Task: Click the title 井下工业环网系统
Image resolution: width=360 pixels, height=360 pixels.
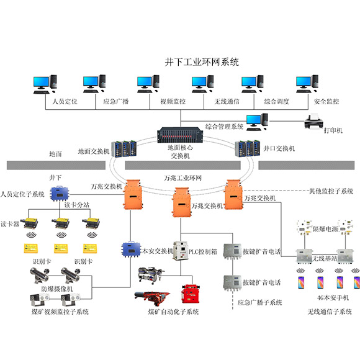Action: click(202, 62)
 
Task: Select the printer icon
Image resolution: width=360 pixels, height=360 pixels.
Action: click(313, 122)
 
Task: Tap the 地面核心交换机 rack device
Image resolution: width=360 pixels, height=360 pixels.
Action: click(180, 135)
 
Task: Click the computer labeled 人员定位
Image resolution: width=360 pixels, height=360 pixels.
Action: click(45, 84)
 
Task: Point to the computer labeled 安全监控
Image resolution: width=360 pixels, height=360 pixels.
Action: click(307, 84)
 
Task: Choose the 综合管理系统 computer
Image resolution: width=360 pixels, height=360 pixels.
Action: click(257, 122)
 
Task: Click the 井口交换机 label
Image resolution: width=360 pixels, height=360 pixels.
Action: click(279, 149)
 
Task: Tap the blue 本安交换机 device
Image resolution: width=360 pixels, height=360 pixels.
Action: click(131, 250)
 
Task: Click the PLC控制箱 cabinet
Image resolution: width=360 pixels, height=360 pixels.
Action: click(181, 251)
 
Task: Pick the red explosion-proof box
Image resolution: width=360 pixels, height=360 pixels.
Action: click(191, 294)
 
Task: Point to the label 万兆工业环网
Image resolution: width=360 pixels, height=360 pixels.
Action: click(182, 178)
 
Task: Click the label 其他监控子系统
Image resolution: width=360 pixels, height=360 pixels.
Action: click(331, 191)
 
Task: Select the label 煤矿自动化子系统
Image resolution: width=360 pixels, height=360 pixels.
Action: click(173, 312)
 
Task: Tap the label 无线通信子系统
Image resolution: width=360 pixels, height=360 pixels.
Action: click(330, 312)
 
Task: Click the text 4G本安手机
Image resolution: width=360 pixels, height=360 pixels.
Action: click(333, 298)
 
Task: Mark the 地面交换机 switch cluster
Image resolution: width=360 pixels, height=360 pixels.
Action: click(124, 149)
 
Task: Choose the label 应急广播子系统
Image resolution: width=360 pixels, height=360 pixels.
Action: click(259, 302)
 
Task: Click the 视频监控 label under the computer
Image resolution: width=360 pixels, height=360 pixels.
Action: click(173, 101)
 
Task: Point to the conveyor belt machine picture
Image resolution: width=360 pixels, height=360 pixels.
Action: click(152, 298)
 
